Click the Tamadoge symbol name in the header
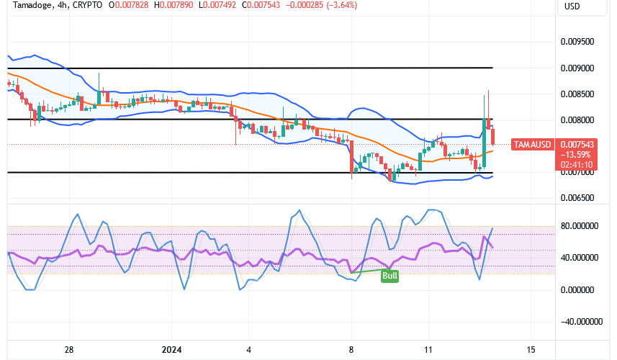30,6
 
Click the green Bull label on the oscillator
389,275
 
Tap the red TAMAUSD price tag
533,145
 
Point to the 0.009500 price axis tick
577,42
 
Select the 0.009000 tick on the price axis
577,68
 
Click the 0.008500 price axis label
577,94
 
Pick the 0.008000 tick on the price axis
577,120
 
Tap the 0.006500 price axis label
577,197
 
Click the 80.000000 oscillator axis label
580,226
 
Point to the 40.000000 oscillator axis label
580,258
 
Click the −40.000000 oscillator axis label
580,322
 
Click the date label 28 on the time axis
69,350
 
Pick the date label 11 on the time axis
427,350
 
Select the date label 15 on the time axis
531,350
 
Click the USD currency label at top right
572,6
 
